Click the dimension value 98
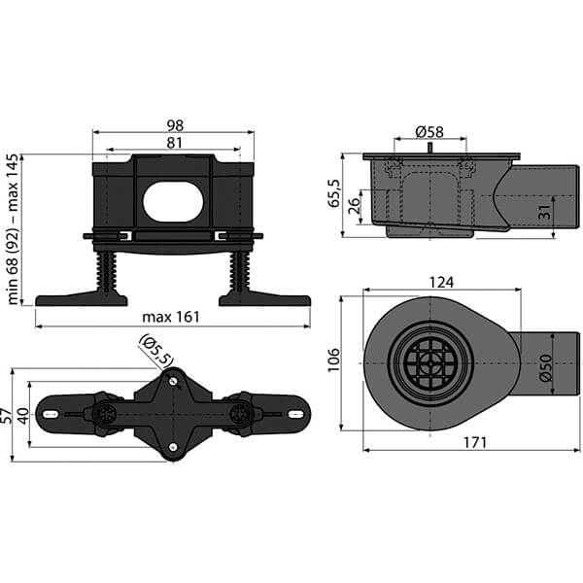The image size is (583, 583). point(175,125)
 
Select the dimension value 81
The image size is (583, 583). point(175,144)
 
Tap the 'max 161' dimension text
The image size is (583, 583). point(173,317)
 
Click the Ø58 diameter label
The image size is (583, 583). point(430,131)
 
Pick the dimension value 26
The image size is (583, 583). point(356,206)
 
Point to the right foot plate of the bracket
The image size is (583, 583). point(263,298)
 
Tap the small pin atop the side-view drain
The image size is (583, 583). point(429,148)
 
